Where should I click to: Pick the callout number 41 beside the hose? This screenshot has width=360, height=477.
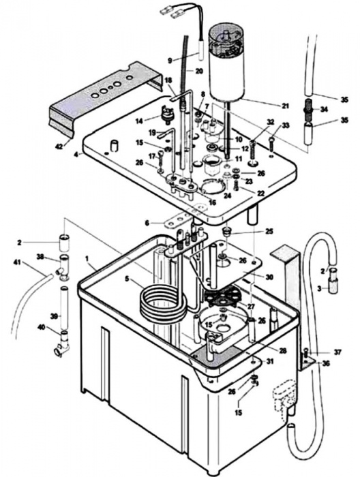click(x=18, y=261)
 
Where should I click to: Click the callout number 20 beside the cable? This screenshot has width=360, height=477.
click(x=199, y=70)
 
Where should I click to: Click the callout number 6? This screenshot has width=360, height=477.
click(x=147, y=223)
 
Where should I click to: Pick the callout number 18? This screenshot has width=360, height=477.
click(x=168, y=80)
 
